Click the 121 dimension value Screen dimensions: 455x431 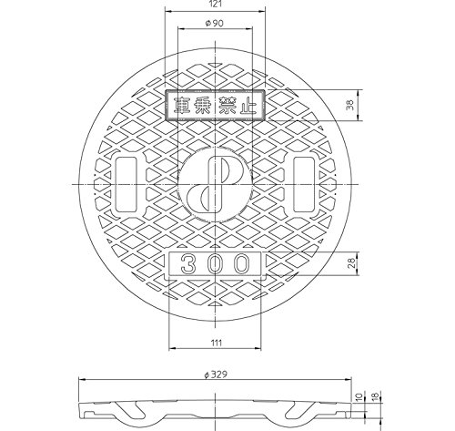[216, 4]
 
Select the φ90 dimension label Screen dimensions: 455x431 [215, 23]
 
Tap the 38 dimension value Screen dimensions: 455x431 [350, 105]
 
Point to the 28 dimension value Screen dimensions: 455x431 [351, 263]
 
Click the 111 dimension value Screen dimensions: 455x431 [217, 343]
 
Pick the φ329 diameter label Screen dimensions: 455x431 [216, 375]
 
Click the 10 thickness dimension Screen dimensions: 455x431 [359, 396]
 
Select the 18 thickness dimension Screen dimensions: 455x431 [375, 396]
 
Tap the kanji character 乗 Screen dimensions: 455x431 [202, 106]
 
